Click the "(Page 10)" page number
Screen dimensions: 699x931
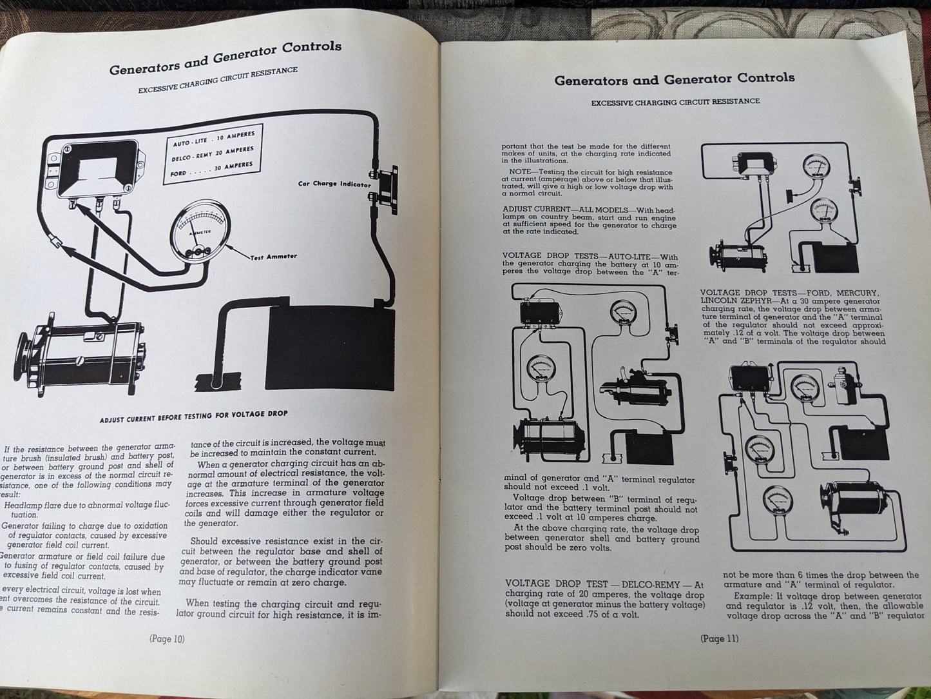[167, 638]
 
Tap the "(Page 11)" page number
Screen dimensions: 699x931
[720, 638]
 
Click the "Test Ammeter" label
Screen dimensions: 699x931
[274, 257]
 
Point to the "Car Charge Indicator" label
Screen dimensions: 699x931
[334, 184]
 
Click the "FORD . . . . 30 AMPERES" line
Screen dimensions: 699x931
[213, 170]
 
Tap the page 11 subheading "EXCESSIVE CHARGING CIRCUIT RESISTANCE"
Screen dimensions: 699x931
[675, 102]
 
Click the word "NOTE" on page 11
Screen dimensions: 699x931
[520, 172]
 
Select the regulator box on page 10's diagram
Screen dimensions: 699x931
[99, 168]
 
